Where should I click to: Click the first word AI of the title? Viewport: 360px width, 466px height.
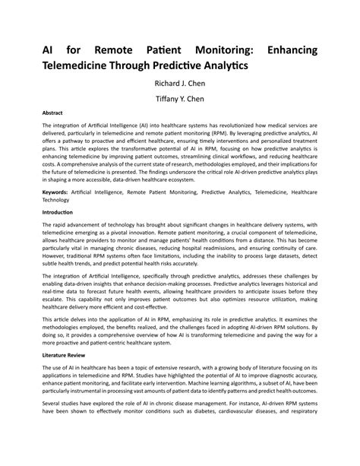(x=47, y=49)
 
